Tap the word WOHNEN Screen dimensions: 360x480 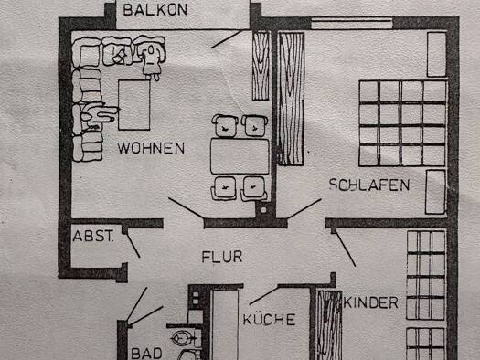coord(151,147)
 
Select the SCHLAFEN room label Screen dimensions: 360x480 coord(369,185)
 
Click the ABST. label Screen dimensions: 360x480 coord(93,236)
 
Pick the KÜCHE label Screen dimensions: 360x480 coord(269,319)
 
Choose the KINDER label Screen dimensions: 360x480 coord(371,302)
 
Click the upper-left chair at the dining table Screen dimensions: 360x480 coord(223,125)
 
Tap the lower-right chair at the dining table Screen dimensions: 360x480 coord(251,187)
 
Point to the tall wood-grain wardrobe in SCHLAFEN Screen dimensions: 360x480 coord(290,98)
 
